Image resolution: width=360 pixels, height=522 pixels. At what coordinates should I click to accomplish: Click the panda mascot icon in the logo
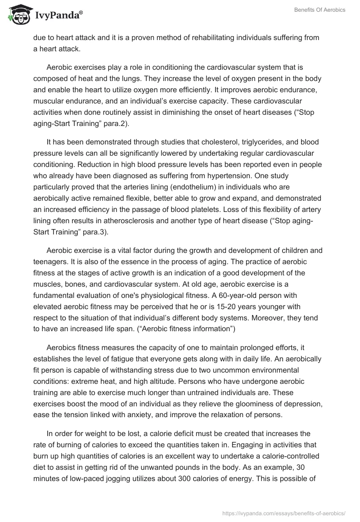click(x=18, y=15)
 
